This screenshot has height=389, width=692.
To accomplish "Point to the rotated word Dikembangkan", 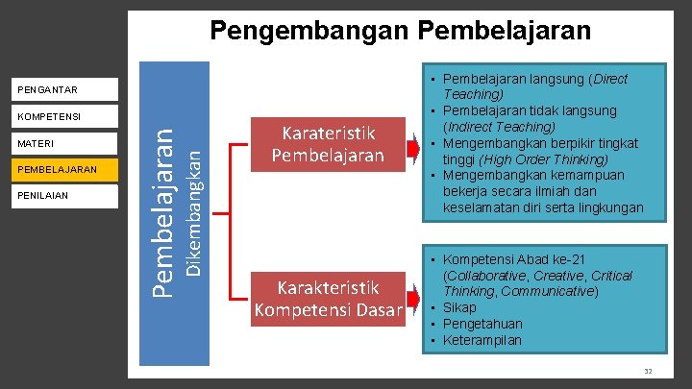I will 193,208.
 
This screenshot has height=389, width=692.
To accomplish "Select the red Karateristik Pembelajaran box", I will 327,143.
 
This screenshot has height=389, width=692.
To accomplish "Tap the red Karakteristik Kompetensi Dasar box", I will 327,298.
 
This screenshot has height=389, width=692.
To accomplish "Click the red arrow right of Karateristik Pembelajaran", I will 414,149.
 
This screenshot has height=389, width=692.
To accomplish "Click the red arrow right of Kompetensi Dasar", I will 414,303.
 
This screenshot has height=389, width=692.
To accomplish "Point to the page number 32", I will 648,371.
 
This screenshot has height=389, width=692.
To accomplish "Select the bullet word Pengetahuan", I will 482,324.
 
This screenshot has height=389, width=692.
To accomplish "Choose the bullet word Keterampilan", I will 482,340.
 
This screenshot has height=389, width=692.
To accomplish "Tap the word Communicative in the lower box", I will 548,291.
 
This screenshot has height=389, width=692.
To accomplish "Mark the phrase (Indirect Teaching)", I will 499,127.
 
